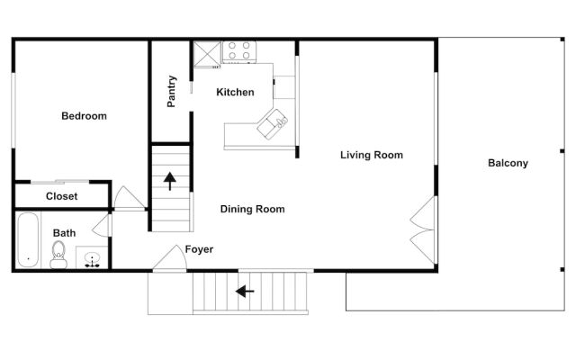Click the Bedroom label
click(84, 116)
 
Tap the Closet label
click(61, 196)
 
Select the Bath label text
click(64, 232)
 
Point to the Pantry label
click(172, 92)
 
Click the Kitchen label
click(235, 92)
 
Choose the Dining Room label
click(252, 209)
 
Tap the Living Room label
click(371, 155)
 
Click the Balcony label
click(508, 163)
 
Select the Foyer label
click(199, 249)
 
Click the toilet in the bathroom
click(59, 253)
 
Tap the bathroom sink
click(92, 259)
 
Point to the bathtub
click(27, 240)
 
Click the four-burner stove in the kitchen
click(239, 51)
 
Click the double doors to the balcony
click(421, 229)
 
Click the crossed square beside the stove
click(208, 52)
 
